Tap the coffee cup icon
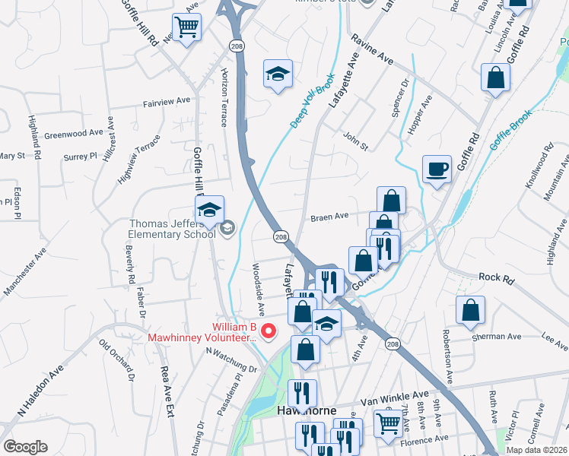[437, 169]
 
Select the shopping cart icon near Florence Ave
[389, 422]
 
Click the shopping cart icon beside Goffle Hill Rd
[186, 29]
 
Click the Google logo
[25, 447]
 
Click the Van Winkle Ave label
[394, 397]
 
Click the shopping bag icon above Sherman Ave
[470, 310]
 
